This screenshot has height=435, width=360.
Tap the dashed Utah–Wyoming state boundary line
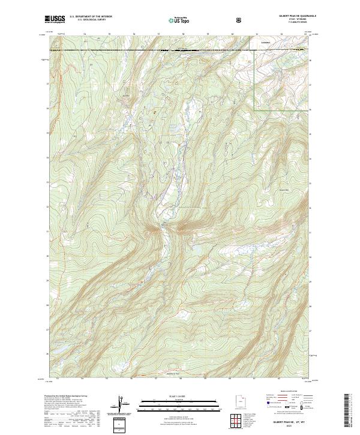pos(150,49)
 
